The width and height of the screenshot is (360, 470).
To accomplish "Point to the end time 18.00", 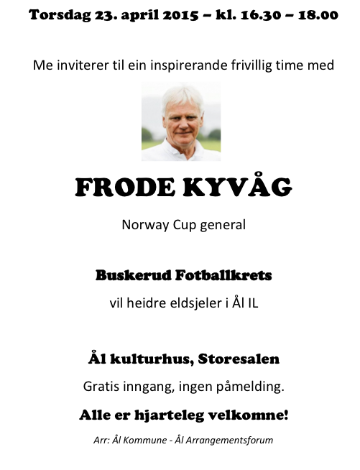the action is point(315,14).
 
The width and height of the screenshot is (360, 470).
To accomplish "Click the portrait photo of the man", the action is point(181,121).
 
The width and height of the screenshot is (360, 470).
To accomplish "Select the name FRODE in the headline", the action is point(118,188).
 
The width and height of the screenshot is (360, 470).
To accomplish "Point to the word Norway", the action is point(143,224).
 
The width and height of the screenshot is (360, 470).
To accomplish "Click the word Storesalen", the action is point(238,358).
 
